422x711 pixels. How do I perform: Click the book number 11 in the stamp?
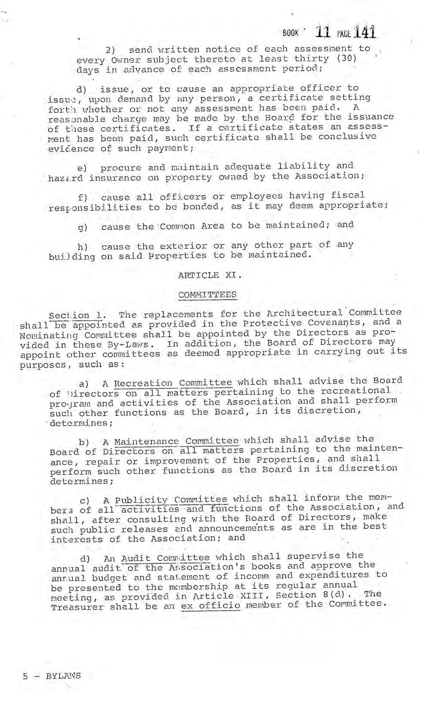(x=323, y=31)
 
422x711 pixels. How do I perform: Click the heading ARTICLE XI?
(x=209, y=275)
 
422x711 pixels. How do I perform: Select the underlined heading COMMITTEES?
(x=207, y=295)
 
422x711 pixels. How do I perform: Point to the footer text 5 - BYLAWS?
(x=52, y=675)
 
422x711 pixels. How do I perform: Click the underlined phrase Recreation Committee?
(x=173, y=383)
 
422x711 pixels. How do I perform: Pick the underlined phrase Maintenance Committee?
(x=176, y=441)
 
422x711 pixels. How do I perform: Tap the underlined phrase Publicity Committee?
(x=171, y=500)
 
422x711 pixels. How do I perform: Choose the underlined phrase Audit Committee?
(x=166, y=558)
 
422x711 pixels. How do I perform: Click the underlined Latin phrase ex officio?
(x=211, y=606)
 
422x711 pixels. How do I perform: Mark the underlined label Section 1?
(x=77, y=315)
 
